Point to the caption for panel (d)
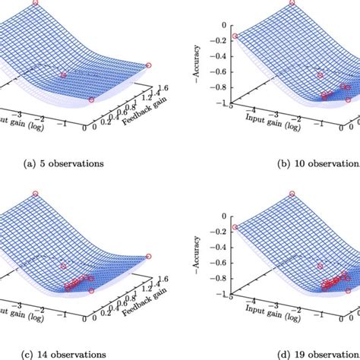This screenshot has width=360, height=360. (319, 354)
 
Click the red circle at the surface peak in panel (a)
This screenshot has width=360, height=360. (35, 3)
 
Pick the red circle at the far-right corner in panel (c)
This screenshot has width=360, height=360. (148, 256)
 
